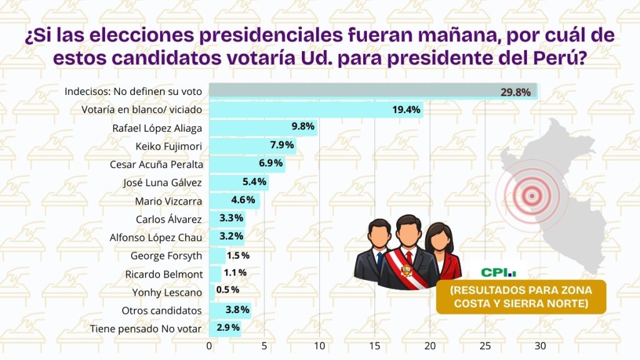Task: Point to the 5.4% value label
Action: pyautogui.click(x=254, y=183)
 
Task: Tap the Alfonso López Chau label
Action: pyautogui.click(x=156, y=237)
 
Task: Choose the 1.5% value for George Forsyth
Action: pyautogui.click(x=238, y=256)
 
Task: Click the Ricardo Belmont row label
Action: pyautogui.click(x=164, y=274)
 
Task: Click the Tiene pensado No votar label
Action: pyautogui.click(x=146, y=328)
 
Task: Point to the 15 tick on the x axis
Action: pyautogui.click(x=374, y=346)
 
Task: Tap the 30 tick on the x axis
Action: pyautogui.click(x=540, y=346)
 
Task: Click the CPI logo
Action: pyautogui.click(x=499, y=272)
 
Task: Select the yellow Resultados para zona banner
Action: pyautogui.click(x=521, y=297)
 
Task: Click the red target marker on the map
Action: pyautogui.click(x=532, y=196)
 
